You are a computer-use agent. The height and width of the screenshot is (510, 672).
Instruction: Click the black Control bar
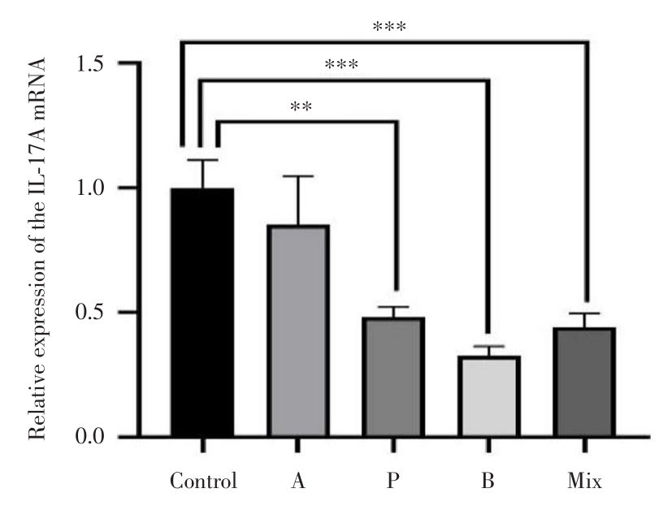[x=202, y=313]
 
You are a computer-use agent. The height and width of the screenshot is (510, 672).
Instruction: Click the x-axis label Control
[x=203, y=481]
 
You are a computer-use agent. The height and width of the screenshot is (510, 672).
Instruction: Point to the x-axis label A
[x=297, y=481]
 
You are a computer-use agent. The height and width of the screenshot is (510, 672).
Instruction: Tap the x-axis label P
[x=393, y=481]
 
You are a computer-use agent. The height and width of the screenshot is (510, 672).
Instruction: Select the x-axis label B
[x=488, y=481]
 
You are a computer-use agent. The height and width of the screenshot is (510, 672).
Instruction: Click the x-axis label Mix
[x=584, y=481]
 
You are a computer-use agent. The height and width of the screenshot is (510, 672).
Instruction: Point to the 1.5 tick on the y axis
[x=95, y=63]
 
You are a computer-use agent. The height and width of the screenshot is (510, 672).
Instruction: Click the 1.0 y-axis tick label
[x=95, y=188]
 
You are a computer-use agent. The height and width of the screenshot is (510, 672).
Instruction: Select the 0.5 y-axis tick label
[x=95, y=313]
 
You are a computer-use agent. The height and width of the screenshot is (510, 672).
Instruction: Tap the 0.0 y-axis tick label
[x=95, y=438]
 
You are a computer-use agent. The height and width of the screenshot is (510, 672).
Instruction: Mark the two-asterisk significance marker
[x=301, y=107]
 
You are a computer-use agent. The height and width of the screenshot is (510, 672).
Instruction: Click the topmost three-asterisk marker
[x=388, y=27]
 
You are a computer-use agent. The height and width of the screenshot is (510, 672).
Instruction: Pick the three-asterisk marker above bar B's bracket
[x=340, y=65]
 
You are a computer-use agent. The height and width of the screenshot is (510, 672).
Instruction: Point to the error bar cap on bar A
[x=297, y=176]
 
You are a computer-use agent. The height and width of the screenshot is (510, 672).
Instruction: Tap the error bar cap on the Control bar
[x=202, y=160]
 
